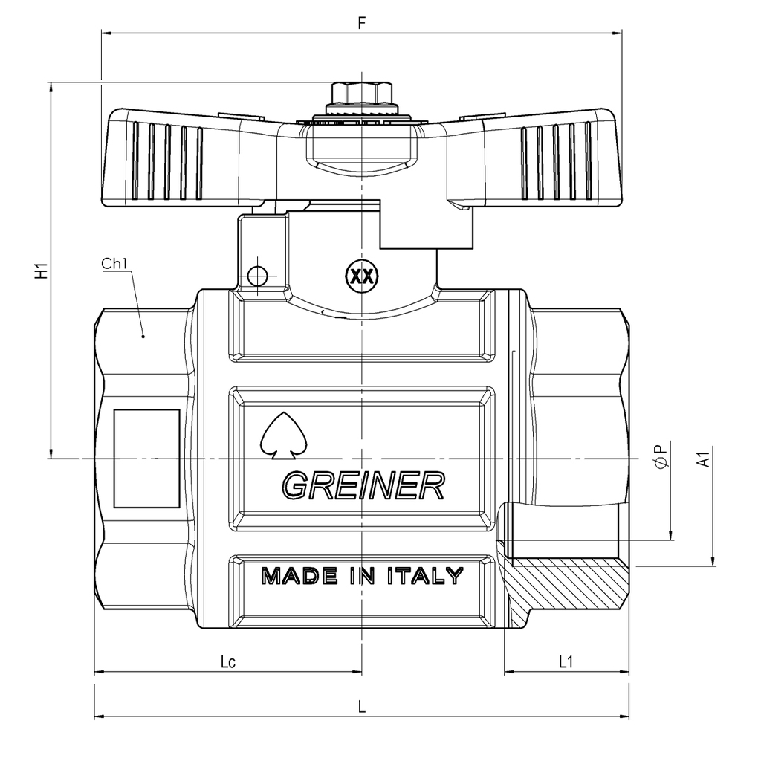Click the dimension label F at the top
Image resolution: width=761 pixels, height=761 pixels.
[x=361, y=22]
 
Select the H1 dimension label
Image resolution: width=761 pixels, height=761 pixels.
[x=42, y=271]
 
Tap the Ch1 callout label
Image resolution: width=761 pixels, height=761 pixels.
[x=114, y=264]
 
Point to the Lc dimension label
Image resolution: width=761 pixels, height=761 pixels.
[x=228, y=661]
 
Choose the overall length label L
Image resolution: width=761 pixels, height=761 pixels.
[x=362, y=707]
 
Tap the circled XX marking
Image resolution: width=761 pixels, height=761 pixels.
[x=362, y=276]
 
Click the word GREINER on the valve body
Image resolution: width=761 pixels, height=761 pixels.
[x=363, y=485]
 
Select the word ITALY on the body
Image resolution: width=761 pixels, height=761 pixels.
[x=425, y=576]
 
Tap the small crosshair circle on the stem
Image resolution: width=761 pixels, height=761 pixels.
[x=257, y=276]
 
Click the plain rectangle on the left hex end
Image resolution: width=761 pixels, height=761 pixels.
[x=146, y=459]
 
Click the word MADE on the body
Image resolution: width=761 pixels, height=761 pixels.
[x=299, y=576]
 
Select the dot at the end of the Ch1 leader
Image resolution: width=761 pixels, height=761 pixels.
[x=143, y=336]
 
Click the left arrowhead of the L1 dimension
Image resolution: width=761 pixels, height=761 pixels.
[x=510, y=672]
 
